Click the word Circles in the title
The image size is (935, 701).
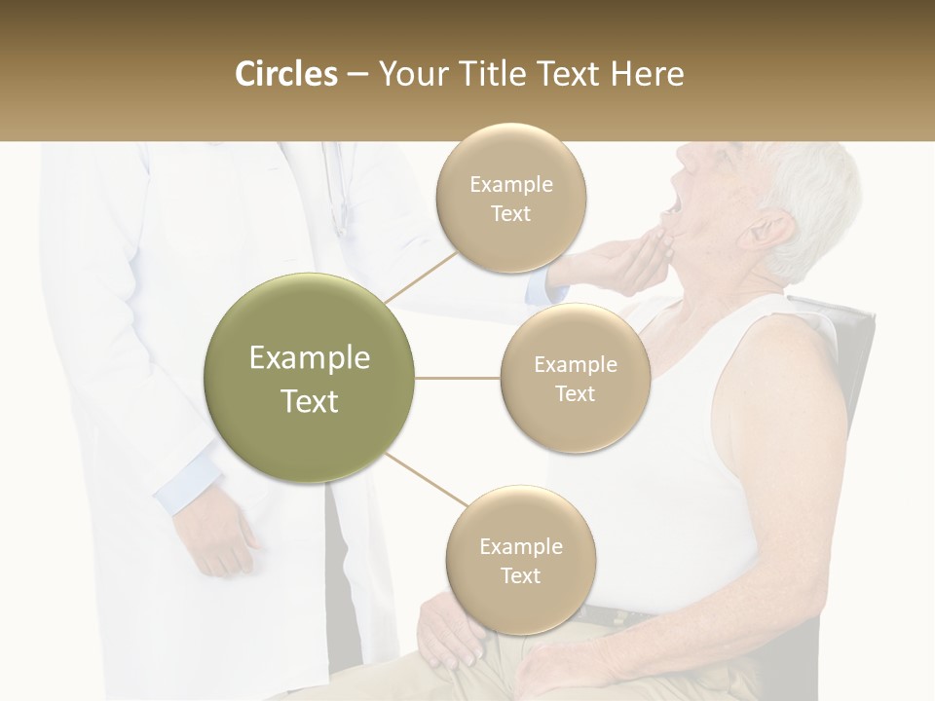[285, 74]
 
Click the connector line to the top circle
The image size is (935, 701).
[421, 277]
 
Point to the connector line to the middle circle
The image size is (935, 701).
[458, 378]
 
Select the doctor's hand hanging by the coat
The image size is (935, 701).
[219, 540]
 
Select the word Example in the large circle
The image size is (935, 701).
[310, 358]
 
